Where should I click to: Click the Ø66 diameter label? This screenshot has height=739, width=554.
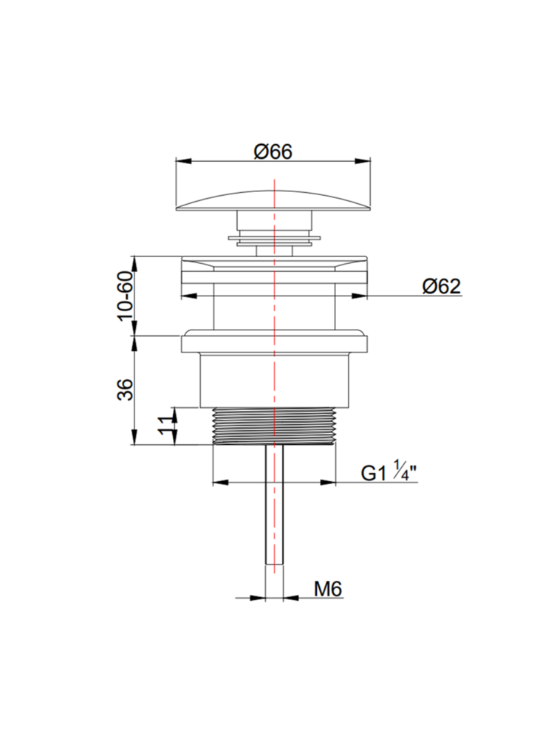tap(273, 151)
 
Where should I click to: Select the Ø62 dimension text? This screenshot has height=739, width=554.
tap(441, 287)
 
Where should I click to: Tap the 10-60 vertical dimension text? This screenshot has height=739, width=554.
tap(126, 296)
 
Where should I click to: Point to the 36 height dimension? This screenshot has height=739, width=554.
tap(126, 389)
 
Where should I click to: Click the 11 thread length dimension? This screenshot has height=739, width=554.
tap(166, 426)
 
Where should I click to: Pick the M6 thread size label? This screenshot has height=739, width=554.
tap(327, 589)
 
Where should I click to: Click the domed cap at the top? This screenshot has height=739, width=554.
tap(273, 200)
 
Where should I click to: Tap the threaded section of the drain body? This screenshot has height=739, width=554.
tap(273, 426)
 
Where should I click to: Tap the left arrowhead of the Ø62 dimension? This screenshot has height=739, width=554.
tap(188, 296)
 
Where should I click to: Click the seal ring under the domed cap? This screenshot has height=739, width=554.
tap(274, 237)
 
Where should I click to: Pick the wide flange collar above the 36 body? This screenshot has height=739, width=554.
tap(273, 344)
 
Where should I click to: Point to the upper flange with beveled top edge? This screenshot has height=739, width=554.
tap(273, 270)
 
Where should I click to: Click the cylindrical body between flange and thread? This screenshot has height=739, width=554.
tap(273, 381)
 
